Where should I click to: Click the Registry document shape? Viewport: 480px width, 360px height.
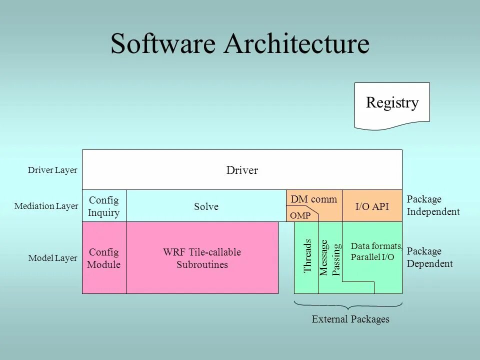click(x=392, y=104)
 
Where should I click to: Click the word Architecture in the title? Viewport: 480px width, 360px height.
click(x=296, y=44)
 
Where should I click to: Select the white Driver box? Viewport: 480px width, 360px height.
click(x=242, y=170)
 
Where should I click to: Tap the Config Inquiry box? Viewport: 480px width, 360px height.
click(x=104, y=206)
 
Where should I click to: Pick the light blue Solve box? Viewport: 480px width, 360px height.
click(x=206, y=206)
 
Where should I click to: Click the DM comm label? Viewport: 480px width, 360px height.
click(x=314, y=199)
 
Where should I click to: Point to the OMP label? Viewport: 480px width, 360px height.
click(x=300, y=215)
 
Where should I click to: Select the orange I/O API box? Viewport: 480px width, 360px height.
click(x=372, y=206)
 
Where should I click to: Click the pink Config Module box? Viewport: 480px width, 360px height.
click(x=104, y=258)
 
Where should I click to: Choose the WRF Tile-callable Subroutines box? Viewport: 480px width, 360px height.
click(x=202, y=258)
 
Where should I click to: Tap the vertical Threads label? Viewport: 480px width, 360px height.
click(x=307, y=256)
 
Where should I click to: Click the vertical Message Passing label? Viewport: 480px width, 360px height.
click(x=330, y=257)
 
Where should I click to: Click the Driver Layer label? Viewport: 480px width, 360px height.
click(x=52, y=170)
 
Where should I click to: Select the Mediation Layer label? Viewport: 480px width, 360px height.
click(x=46, y=206)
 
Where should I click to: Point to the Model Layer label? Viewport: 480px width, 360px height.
click(x=52, y=258)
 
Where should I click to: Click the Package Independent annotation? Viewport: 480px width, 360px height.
click(x=433, y=205)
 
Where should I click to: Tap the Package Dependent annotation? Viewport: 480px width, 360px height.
click(x=430, y=257)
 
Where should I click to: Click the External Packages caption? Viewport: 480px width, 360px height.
click(x=350, y=319)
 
